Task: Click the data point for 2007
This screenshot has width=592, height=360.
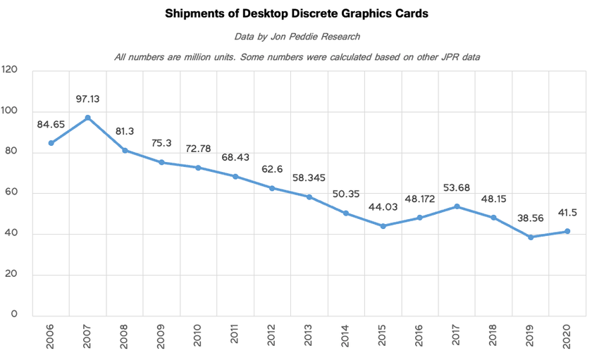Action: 87,118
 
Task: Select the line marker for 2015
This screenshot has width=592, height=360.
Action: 383,226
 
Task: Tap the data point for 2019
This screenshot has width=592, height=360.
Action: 531,237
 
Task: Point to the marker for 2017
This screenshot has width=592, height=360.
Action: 457,206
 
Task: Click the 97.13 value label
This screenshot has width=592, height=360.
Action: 89,99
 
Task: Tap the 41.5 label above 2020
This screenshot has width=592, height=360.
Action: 567,213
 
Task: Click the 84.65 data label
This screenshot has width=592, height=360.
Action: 51,125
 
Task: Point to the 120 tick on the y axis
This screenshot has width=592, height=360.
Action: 10,70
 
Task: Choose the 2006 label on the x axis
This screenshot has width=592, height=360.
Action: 51,335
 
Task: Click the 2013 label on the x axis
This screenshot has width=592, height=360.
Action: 309,335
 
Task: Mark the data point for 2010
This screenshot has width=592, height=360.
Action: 198,168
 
